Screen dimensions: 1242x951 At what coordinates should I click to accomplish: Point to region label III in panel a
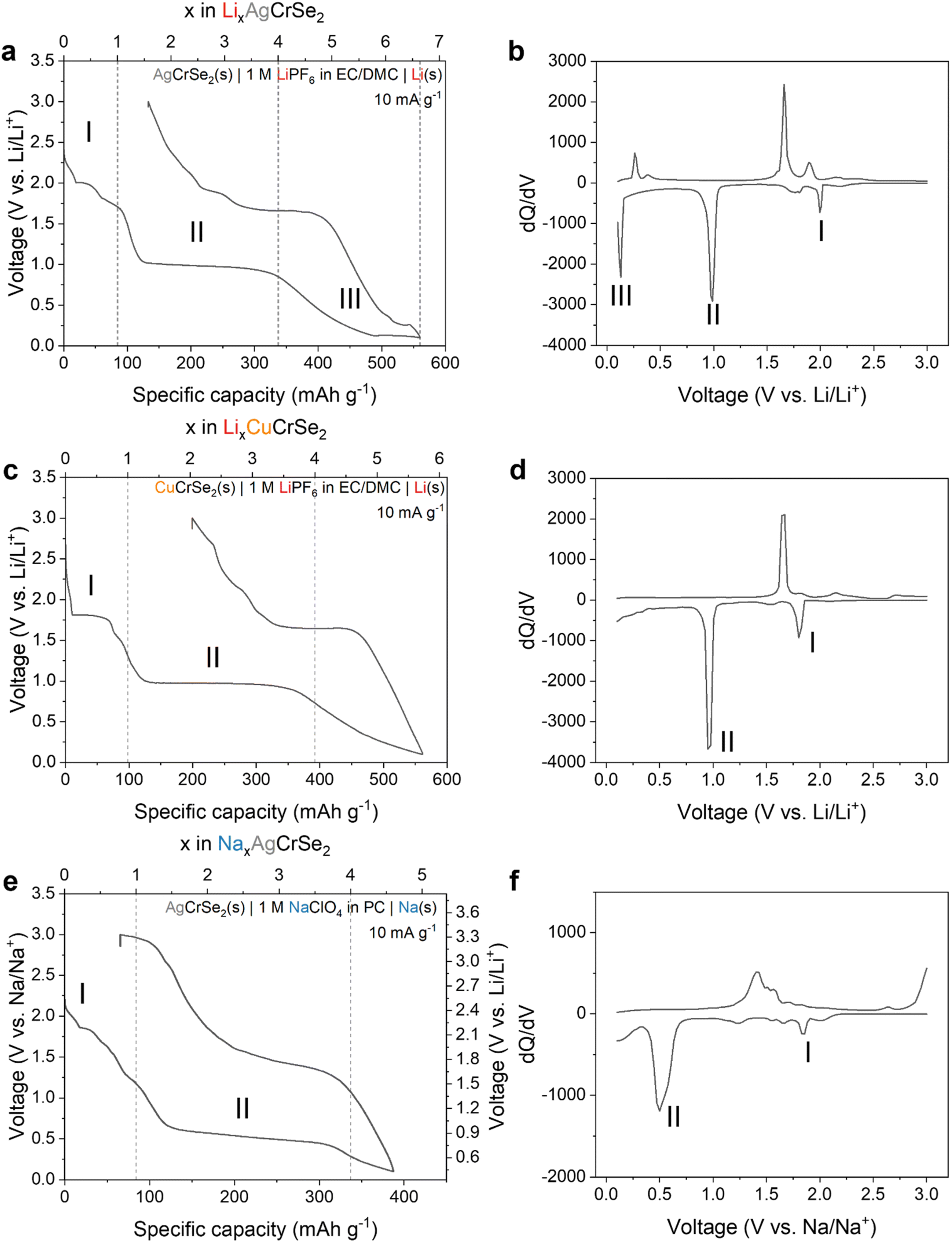coord(350,298)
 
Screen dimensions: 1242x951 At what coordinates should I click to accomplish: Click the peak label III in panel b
coord(621,295)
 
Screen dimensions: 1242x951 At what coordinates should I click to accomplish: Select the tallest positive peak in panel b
coord(784,86)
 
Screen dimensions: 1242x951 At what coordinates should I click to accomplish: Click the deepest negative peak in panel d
coord(709,748)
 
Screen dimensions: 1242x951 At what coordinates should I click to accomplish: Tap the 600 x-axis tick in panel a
coord(445,363)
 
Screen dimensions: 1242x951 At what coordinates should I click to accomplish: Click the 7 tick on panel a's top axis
coord(438,42)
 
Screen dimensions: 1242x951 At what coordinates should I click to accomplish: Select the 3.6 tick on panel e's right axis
coord(468,912)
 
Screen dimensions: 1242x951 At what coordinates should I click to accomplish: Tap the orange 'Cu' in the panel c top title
coord(259,428)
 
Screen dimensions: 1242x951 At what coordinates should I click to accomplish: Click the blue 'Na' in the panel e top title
coord(230,844)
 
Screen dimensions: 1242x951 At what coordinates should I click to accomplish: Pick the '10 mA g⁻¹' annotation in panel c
coord(410,512)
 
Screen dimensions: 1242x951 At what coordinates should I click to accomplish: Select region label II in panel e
coord(242,1108)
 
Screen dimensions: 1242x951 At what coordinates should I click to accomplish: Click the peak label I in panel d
coord(812,642)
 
